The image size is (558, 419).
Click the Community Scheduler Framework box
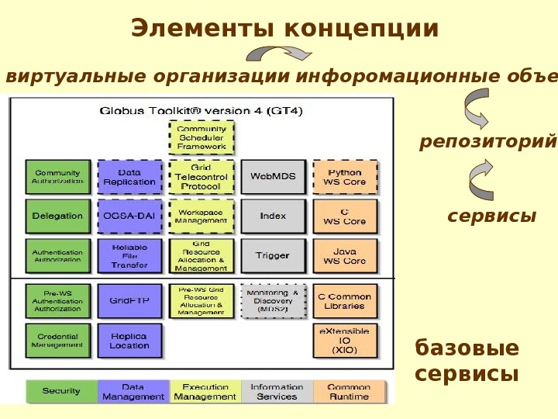point(201,137)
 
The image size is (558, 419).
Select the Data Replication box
point(129,177)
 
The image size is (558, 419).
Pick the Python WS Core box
point(345,177)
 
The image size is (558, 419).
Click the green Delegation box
point(57,216)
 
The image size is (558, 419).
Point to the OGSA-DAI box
point(129,216)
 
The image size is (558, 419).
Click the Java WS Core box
point(345,256)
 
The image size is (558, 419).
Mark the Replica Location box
point(129,341)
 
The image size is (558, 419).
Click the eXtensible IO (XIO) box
point(345,341)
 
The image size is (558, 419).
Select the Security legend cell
point(61,391)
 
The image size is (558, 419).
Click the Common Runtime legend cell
point(349,391)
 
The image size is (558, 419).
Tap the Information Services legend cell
point(277,391)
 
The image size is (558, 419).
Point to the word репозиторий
point(488,142)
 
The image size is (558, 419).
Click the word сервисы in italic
point(492,216)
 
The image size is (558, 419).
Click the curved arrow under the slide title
point(279,54)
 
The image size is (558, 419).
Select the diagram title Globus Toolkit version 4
point(201,110)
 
